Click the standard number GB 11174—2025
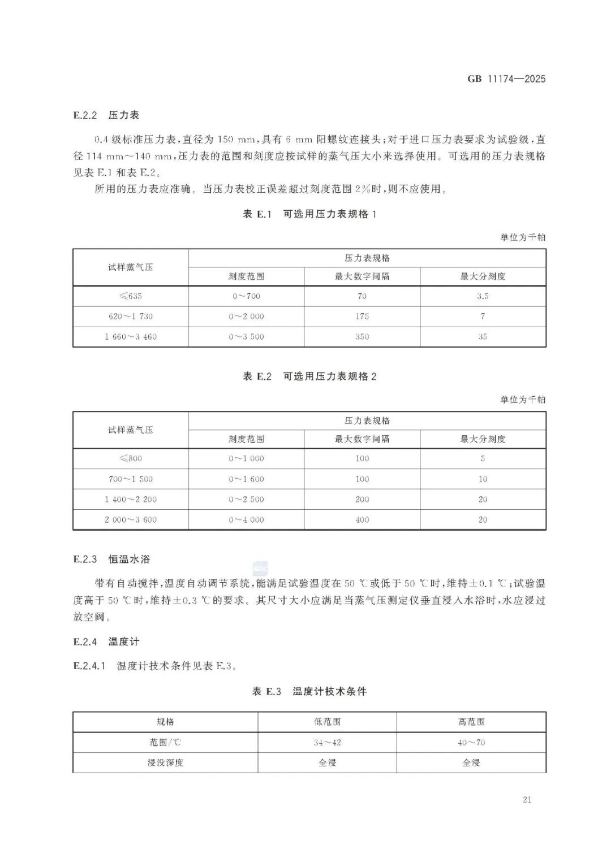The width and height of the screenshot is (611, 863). point(506,79)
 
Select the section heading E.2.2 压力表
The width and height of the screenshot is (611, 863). point(106,115)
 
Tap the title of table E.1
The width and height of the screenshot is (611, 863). point(309,214)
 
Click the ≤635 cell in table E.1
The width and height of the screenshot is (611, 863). point(130,296)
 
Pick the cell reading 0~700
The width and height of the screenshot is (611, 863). point(246,296)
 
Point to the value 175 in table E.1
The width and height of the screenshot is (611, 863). point(362,316)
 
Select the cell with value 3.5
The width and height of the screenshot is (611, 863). point(483,296)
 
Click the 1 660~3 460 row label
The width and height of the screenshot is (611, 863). point(130,337)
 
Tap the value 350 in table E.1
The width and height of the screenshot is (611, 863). point(362,337)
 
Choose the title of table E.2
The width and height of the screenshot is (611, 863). point(309,377)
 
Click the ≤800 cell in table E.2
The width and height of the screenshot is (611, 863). point(130,459)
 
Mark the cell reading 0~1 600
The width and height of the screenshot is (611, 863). point(246,479)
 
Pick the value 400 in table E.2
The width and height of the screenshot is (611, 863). point(362,520)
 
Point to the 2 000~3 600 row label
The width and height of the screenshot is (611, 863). point(130,520)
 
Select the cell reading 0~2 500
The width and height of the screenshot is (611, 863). point(246,500)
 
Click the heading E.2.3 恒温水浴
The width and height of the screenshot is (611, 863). point(111,560)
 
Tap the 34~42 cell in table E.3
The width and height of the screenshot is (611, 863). point(327,743)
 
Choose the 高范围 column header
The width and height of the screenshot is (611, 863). point(471,722)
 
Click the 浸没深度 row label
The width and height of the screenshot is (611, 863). point(165,763)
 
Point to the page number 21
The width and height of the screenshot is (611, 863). point(527,800)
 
